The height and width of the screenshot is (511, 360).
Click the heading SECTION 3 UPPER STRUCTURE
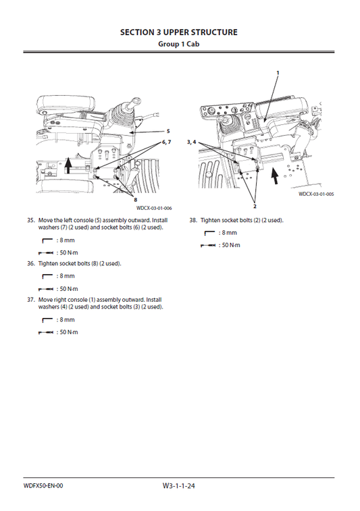[x=179, y=32]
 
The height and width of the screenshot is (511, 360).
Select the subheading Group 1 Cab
[x=179, y=44]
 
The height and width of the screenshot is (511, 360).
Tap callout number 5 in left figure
[x=168, y=130]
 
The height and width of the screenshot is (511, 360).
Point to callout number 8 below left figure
[x=135, y=200]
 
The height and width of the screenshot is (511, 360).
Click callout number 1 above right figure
[x=277, y=72]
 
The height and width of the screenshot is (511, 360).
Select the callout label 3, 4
[x=191, y=142]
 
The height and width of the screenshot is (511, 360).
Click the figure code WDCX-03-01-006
[x=149, y=208]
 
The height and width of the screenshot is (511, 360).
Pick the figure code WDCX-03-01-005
[x=316, y=194]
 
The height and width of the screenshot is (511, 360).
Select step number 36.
[x=30, y=263]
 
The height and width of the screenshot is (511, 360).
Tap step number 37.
[x=30, y=299]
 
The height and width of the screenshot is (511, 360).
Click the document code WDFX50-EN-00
[x=43, y=485]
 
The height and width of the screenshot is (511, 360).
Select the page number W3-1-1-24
[x=180, y=486]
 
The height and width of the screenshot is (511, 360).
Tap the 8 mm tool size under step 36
[x=66, y=276]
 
